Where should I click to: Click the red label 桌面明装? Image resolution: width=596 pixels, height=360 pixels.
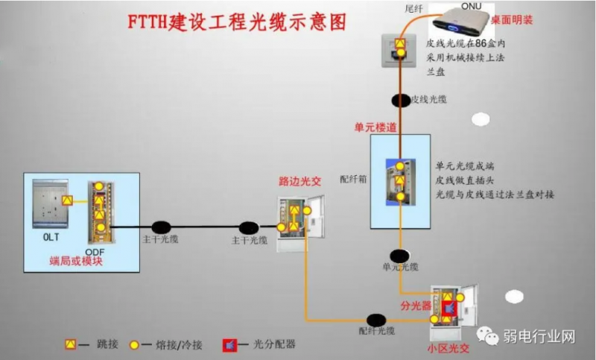(x=512, y=20)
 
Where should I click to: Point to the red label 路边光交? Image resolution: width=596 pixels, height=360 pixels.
(x=299, y=181)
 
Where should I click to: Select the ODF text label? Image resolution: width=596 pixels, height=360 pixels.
(x=95, y=251)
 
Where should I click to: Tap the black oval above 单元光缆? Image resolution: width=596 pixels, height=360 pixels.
(x=400, y=256)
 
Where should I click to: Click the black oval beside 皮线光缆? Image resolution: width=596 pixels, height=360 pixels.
(x=401, y=99)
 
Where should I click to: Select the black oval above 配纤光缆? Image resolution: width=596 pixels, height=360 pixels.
(x=375, y=320)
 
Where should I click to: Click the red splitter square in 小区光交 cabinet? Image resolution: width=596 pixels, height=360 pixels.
(x=448, y=308)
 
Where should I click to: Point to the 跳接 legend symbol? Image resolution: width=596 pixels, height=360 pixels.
(x=71, y=344)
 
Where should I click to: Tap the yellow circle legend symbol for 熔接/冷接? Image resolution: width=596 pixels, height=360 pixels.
(x=135, y=344)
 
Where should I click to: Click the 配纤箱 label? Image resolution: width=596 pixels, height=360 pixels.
(x=350, y=180)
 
